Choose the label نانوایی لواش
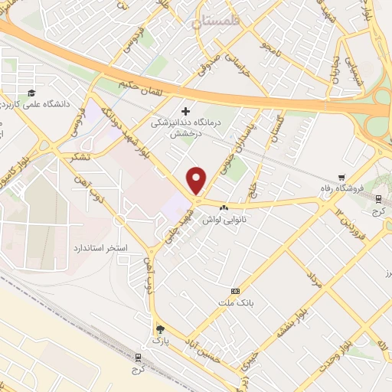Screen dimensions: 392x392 tap(222, 219)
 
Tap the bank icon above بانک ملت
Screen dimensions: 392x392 tap(235, 291)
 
